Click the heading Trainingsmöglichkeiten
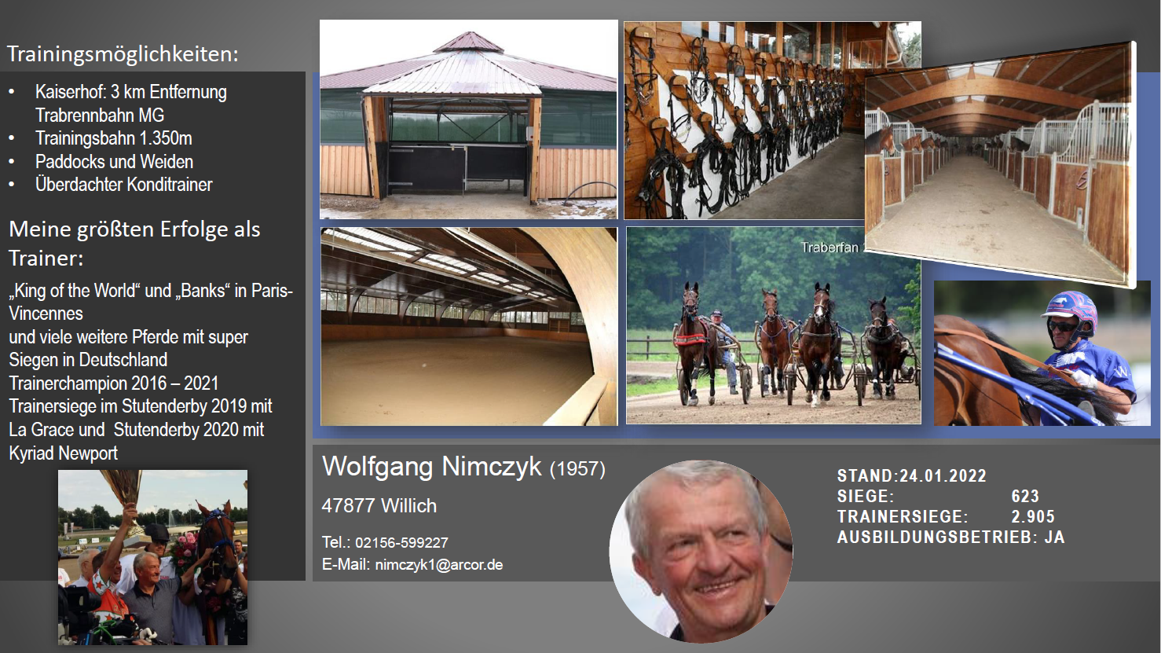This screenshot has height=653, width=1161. click(123, 54)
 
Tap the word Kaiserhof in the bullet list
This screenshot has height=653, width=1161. click(69, 92)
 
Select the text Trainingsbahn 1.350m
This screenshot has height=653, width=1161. click(114, 138)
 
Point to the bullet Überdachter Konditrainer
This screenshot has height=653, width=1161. click(124, 185)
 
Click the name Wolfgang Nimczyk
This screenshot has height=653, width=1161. click(432, 467)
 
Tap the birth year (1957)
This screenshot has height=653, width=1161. click(577, 469)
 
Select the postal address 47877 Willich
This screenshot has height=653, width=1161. click(379, 506)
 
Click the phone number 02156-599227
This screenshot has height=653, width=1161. click(401, 542)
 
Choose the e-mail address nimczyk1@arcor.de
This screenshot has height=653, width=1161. click(439, 565)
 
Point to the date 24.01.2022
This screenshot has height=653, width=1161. click(943, 475)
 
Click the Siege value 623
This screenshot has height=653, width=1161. click(1025, 497)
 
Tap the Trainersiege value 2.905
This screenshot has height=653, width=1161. click(1033, 516)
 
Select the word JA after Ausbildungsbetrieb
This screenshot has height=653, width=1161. click(1055, 537)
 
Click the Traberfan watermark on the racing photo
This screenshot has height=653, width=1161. click(830, 248)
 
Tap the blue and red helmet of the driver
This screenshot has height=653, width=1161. click(1072, 310)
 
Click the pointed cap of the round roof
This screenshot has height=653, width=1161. click(468, 42)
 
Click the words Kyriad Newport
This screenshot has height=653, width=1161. click(63, 453)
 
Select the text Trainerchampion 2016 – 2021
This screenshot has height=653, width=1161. click(114, 383)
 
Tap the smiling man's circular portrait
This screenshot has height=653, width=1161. click(701, 552)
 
